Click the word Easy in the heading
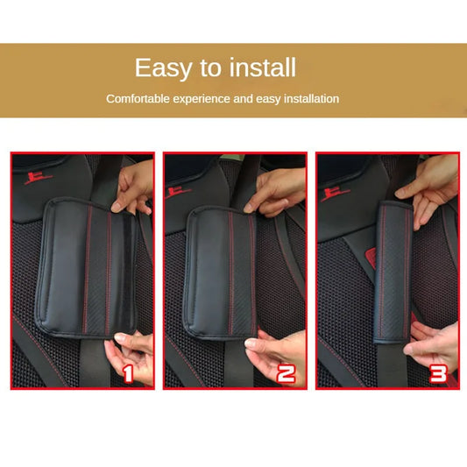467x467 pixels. [x=162, y=68]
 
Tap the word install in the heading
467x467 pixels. [x=262, y=67]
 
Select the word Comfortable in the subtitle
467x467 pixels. [x=138, y=99]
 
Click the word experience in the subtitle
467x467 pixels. [x=202, y=99]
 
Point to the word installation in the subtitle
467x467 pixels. [x=311, y=99]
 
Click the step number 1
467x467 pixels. [x=127, y=374]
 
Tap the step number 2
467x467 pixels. [x=286, y=373]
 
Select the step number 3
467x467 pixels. [x=438, y=373]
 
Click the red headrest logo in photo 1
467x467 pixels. [x=38, y=178]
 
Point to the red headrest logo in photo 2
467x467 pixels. [x=178, y=192]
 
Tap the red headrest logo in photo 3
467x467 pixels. [x=335, y=194]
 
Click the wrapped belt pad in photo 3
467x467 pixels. [x=393, y=272]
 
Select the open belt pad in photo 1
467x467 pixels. [x=86, y=268]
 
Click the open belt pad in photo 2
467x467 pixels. [x=221, y=272]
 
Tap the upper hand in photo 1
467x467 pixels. [x=134, y=188]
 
